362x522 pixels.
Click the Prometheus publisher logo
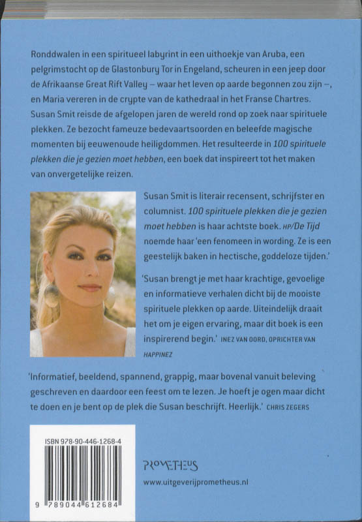coord(170,465)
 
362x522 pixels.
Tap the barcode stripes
coord(82,472)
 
